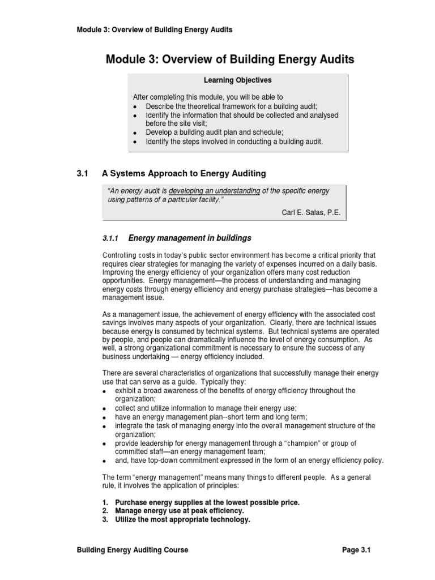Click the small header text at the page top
[154, 29]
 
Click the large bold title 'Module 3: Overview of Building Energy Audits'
[230, 59]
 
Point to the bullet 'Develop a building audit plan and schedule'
[222, 132]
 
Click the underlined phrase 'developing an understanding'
[215, 191]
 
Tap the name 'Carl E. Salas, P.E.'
[311, 212]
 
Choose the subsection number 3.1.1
[112, 238]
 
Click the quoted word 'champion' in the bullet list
[289, 443]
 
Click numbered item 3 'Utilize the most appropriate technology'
[182, 519]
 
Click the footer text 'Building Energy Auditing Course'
[133, 550]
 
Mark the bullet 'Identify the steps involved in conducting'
[234, 142]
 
